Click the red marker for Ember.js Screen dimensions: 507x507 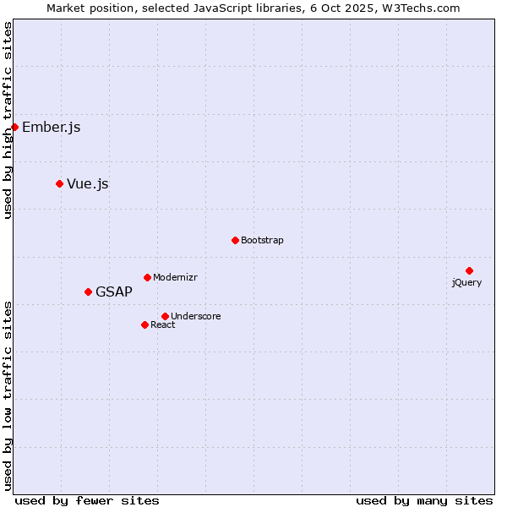click(x=14, y=127)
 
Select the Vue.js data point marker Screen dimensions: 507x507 click(x=59, y=183)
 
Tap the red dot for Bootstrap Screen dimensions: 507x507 click(x=235, y=240)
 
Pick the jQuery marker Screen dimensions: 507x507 click(x=469, y=270)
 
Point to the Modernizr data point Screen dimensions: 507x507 click(x=147, y=277)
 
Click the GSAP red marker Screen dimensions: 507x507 click(x=88, y=292)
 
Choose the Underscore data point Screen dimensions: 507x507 click(x=165, y=316)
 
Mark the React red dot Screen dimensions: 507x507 click(x=144, y=324)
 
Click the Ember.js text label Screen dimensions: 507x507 click(x=52, y=128)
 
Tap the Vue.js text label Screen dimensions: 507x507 click(x=88, y=184)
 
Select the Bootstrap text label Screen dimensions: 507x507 click(x=262, y=241)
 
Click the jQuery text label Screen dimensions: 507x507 click(x=466, y=282)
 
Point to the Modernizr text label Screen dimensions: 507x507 click(x=175, y=278)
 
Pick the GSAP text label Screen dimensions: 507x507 click(x=114, y=292)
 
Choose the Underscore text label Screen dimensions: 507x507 click(x=196, y=317)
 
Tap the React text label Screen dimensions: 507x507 click(x=163, y=325)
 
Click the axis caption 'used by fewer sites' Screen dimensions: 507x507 click(x=87, y=500)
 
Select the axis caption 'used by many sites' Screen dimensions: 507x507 click(x=424, y=500)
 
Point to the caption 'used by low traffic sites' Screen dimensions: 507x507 click(x=8, y=395)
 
